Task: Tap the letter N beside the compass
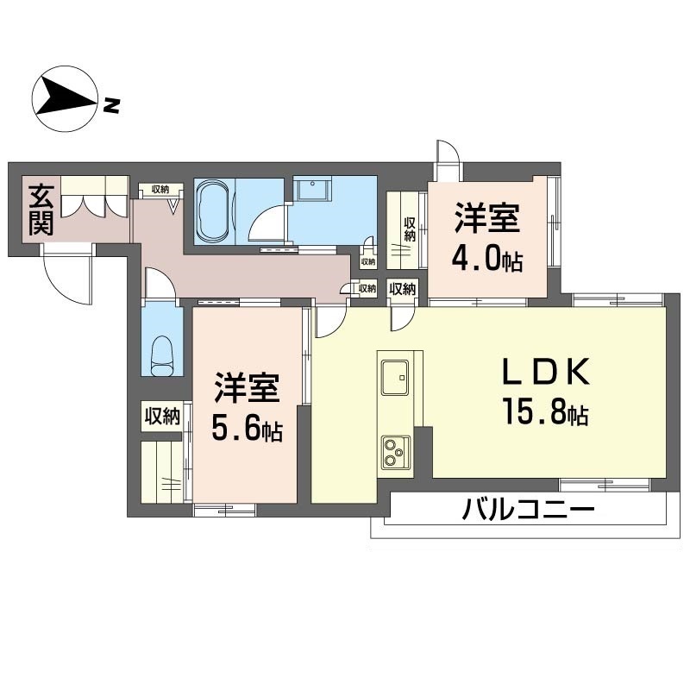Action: click(x=111, y=106)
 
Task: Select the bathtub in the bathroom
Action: click(x=213, y=212)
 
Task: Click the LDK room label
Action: click(x=546, y=373)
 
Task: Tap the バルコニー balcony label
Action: click(x=528, y=510)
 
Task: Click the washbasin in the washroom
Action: click(x=311, y=189)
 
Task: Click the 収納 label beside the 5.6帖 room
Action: click(x=161, y=417)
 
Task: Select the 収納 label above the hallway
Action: click(x=160, y=189)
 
